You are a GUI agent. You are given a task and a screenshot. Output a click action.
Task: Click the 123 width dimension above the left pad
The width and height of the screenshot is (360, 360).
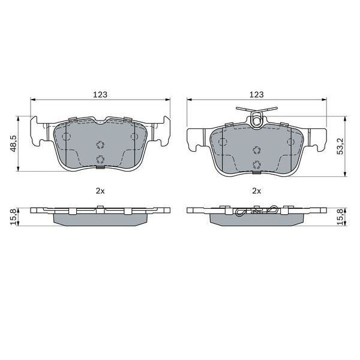(100, 95)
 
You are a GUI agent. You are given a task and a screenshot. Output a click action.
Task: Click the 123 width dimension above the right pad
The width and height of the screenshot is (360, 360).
(256, 95)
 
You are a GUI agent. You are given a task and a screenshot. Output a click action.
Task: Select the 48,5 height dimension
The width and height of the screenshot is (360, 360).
(13, 143)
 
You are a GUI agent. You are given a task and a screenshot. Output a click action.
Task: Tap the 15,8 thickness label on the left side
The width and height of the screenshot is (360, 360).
(13, 217)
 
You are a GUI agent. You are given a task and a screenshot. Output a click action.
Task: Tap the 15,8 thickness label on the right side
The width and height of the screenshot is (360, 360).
(340, 217)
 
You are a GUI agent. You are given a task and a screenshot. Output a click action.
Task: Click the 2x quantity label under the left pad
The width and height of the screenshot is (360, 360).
(100, 191)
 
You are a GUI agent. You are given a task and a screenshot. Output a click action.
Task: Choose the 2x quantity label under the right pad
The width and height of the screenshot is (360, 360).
(256, 191)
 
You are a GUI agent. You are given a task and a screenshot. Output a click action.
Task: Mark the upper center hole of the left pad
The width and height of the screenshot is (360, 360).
(100, 145)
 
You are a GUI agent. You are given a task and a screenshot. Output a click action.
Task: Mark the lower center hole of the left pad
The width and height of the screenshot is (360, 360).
(100, 159)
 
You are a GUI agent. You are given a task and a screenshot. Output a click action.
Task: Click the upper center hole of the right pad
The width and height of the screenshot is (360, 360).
(257, 151)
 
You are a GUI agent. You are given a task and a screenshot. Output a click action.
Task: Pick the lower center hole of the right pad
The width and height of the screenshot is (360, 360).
(257, 166)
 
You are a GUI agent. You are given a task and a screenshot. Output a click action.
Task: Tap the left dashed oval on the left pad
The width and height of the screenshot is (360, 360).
(65, 137)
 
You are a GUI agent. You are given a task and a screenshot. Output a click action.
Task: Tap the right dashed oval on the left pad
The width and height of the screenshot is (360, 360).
(134, 137)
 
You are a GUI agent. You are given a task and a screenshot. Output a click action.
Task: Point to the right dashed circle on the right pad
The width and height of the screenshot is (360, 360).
(292, 142)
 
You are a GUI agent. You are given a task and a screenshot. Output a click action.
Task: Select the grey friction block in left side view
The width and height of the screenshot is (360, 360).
(100, 220)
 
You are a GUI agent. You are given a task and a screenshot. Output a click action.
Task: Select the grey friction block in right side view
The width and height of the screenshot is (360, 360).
(256, 220)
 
